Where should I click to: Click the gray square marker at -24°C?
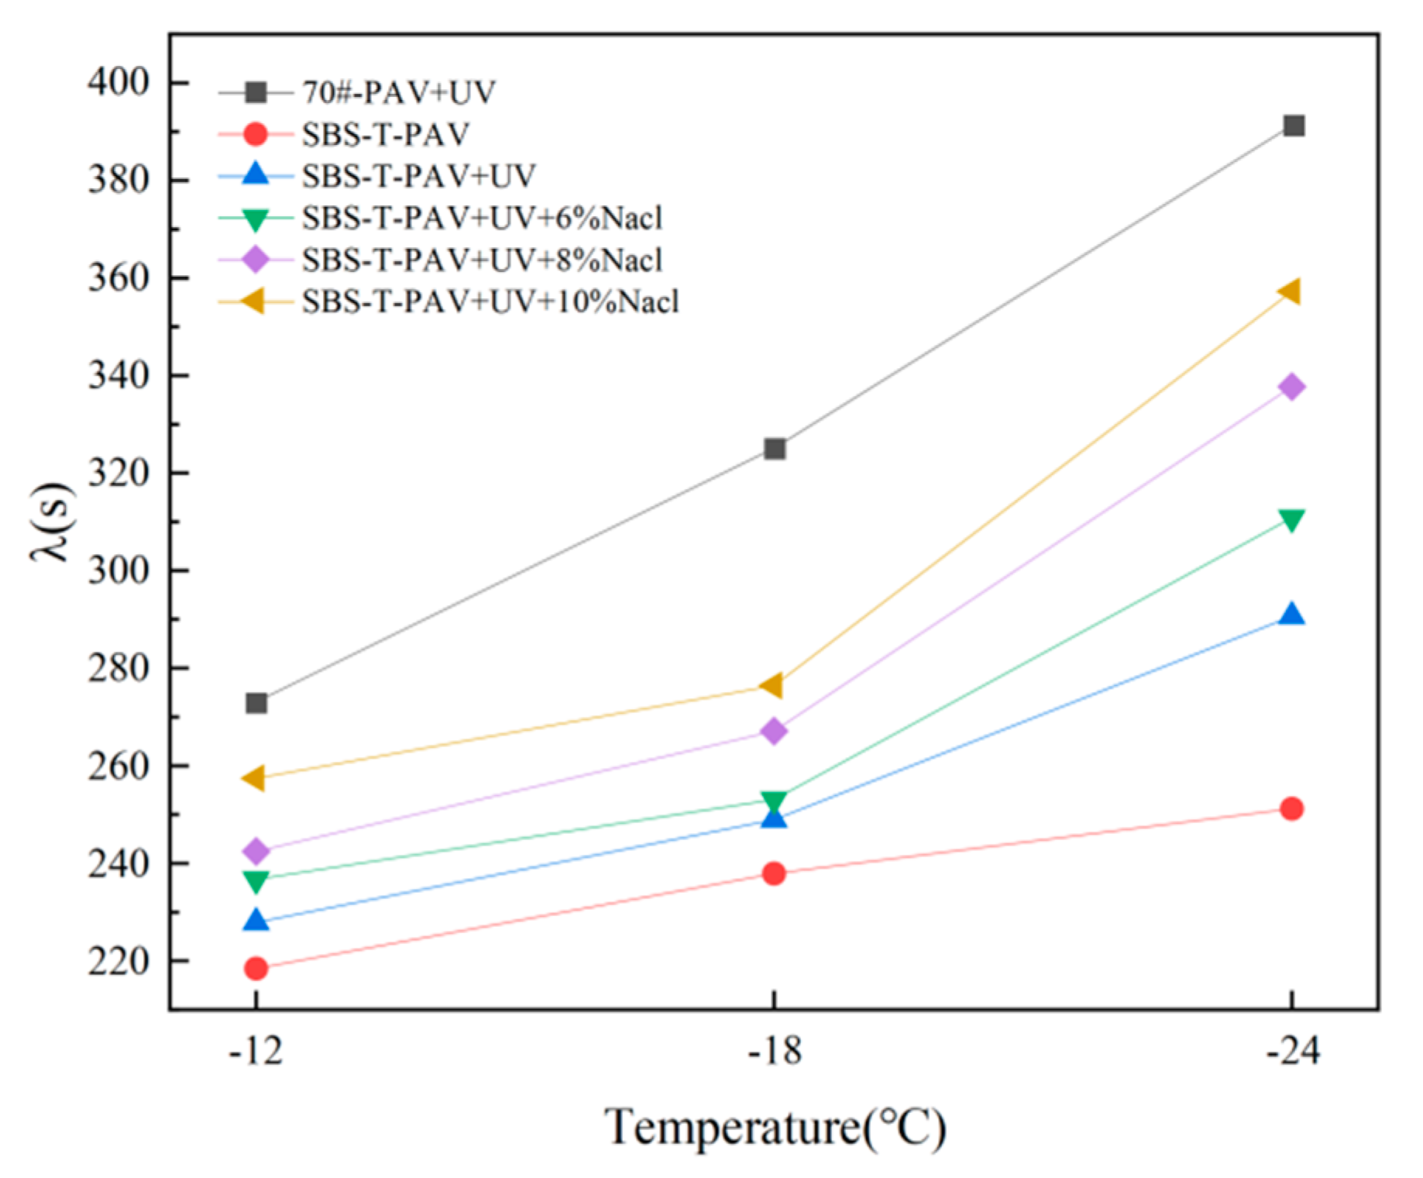1293,126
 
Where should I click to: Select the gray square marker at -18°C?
775,449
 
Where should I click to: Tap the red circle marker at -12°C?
256,968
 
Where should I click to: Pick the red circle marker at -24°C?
1291,808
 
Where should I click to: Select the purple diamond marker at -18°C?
774,731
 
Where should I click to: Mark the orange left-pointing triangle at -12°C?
254,777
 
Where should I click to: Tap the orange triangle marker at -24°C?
1289,291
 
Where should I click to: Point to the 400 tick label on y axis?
118,82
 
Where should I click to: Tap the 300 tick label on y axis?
118,570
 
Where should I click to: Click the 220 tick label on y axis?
118,961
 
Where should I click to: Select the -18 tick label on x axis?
774,1052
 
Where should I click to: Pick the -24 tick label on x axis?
1292,1052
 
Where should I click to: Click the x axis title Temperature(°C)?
775,1127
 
